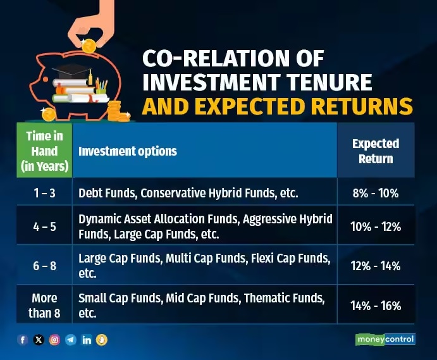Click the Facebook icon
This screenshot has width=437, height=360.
click(x=23, y=340)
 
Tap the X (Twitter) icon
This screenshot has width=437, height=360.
click(x=39, y=340)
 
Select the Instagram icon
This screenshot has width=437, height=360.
click(x=54, y=340)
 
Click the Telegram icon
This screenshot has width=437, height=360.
click(x=71, y=340)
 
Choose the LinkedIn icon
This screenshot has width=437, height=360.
click(x=87, y=340)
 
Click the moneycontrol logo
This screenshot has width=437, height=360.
click(x=385, y=339)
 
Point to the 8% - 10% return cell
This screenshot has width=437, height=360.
click(x=376, y=193)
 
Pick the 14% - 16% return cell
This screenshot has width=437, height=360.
click(x=376, y=306)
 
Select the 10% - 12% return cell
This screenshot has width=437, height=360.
click(x=376, y=227)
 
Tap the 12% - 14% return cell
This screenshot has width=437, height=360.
click(x=376, y=266)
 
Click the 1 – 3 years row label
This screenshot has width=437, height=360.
click(x=45, y=193)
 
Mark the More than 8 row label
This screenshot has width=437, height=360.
click(x=44, y=306)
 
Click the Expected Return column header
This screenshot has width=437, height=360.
click(x=376, y=151)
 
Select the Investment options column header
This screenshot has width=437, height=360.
click(x=128, y=151)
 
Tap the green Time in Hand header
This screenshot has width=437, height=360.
click(x=44, y=151)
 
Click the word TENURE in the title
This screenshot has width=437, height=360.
click(x=329, y=82)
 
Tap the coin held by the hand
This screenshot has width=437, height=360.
click(x=89, y=46)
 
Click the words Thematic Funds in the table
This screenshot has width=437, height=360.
click(x=285, y=298)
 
